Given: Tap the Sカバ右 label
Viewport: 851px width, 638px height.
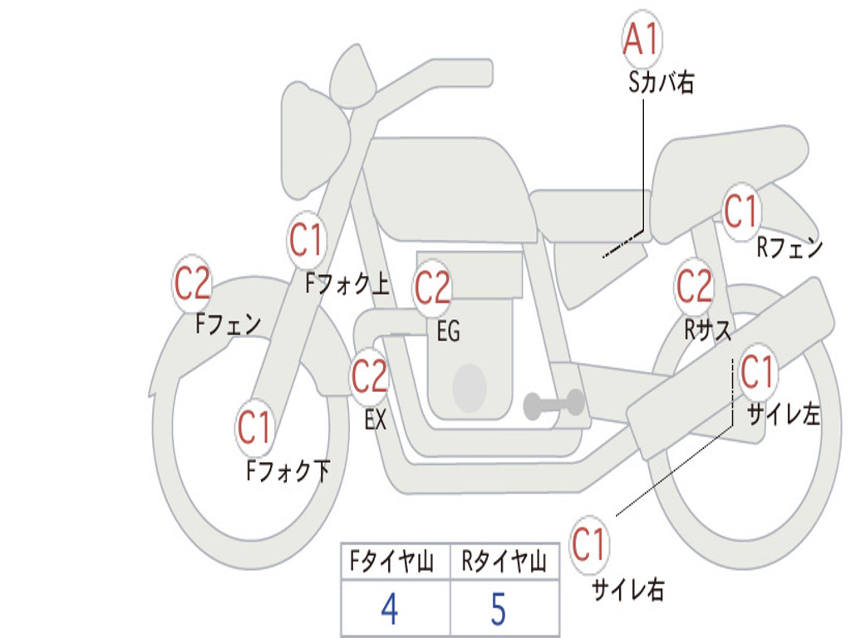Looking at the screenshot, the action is [x=661, y=83].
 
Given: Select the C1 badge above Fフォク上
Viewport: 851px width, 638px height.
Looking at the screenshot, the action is [x=306, y=239].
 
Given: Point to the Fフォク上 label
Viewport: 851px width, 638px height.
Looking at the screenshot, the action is [x=347, y=283].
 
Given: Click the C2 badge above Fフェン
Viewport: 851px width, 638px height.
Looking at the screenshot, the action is [x=192, y=283].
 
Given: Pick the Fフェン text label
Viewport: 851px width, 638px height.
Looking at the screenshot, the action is [x=228, y=324].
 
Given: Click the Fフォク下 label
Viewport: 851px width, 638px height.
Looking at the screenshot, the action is [x=288, y=470].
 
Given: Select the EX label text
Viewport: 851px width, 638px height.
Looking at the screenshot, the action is [x=375, y=420].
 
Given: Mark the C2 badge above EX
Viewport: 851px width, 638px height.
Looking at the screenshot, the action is [x=370, y=375].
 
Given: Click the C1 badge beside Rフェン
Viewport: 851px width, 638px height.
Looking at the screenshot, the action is [x=740, y=211].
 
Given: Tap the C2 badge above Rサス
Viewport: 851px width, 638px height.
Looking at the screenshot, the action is [x=694, y=286].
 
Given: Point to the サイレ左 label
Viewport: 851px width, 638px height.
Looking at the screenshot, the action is [x=783, y=414].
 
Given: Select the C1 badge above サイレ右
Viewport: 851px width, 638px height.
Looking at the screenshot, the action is [x=588, y=544].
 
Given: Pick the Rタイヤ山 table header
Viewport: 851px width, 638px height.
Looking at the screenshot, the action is [x=504, y=561].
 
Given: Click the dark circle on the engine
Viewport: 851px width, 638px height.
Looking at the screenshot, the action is [x=470, y=388].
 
